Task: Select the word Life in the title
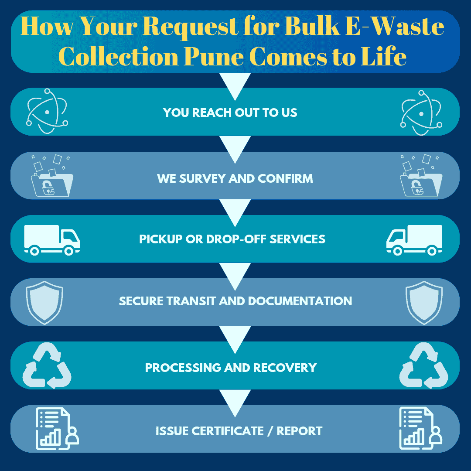pos(383,57)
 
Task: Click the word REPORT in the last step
pos(300,431)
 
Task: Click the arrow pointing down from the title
pos(235,85)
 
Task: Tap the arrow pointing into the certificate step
pos(235,402)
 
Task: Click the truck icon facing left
pos(414,240)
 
